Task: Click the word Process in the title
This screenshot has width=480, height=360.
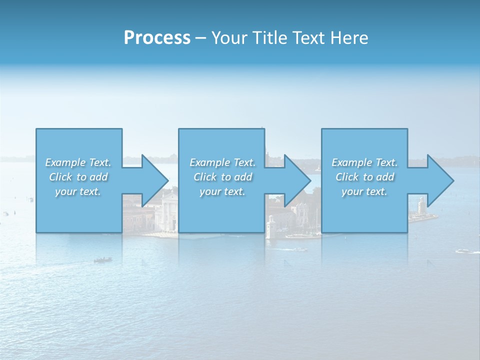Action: coord(157,38)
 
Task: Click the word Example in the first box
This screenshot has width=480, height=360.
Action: coord(65,162)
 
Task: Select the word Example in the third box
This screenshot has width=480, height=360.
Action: coord(352,162)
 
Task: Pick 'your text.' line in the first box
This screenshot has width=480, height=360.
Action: coord(78,191)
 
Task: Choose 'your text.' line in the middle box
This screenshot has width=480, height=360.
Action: coord(222,191)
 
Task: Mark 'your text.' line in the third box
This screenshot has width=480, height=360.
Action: coord(364,191)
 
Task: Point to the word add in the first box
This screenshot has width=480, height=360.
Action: coord(98,177)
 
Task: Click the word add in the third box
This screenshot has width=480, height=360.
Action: coord(384,177)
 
